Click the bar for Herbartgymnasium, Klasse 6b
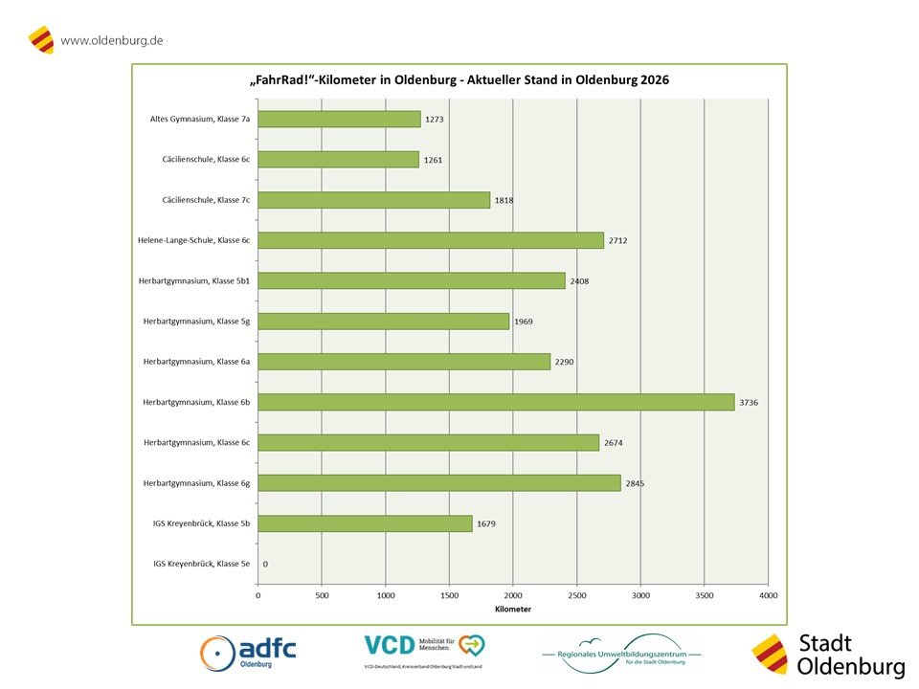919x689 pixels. [496, 403]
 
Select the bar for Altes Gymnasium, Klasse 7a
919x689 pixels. [339, 119]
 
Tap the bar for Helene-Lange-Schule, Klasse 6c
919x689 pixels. [431, 240]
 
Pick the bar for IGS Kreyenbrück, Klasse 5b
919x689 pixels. [365, 523]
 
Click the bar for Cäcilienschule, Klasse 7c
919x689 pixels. [373, 200]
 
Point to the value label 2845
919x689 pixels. [635, 483]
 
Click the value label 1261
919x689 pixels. [434, 160]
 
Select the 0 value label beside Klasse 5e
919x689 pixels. [265, 565]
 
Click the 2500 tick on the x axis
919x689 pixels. [576, 595]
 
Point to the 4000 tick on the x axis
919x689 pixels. [768, 595]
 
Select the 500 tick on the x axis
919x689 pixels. [322, 595]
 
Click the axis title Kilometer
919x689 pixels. [513, 610]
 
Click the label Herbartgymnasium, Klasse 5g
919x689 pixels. [196, 322]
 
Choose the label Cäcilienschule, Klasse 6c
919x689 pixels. [206, 160]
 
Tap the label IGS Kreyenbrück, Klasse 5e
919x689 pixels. [201, 565]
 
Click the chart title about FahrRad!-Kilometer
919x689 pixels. [459, 80]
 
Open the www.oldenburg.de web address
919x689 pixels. [111, 40]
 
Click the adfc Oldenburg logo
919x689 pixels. [248, 654]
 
